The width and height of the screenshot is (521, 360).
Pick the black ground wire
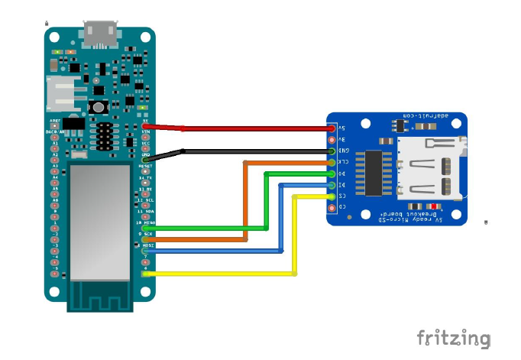[x=252, y=151]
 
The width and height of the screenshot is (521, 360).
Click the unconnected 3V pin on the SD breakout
[x=331, y=140]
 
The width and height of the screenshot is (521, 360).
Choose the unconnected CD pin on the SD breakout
[x=331, y=207]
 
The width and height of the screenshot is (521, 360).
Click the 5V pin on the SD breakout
[x=331, y=128]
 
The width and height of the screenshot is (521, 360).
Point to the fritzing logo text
[x=453, y=338]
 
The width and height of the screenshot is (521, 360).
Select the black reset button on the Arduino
[x=98, y=106]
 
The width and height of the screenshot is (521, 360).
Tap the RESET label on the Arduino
[x=145, y=165]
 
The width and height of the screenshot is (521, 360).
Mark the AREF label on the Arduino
[x=55, y=121]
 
